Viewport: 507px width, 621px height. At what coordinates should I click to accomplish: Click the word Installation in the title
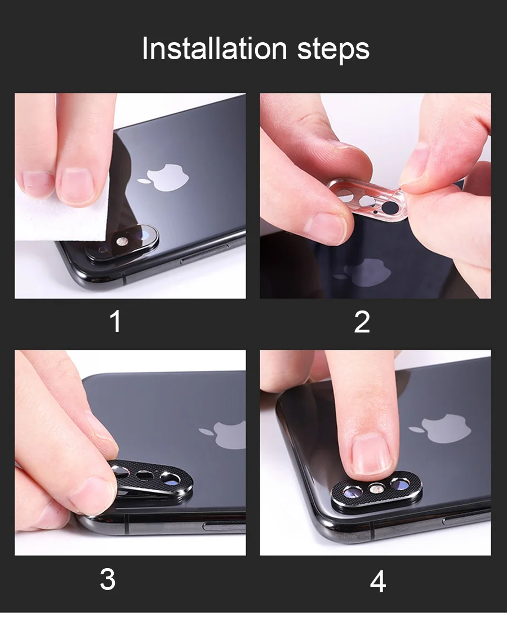[x=214, y=48]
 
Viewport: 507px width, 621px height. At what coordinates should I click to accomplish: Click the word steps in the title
[x=333, y=50]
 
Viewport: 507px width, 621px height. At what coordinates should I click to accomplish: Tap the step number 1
[x=115, y=321]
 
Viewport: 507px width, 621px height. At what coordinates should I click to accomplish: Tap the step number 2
[x=362, y=322]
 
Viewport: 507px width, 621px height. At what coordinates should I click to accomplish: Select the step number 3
[x=108, y=579]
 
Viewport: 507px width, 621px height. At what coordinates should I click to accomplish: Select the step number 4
[x=377, y=582]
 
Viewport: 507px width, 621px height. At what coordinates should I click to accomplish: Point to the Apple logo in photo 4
[x=440, y=428]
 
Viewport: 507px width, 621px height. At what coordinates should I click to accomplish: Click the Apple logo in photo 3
[x=223, y=435]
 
